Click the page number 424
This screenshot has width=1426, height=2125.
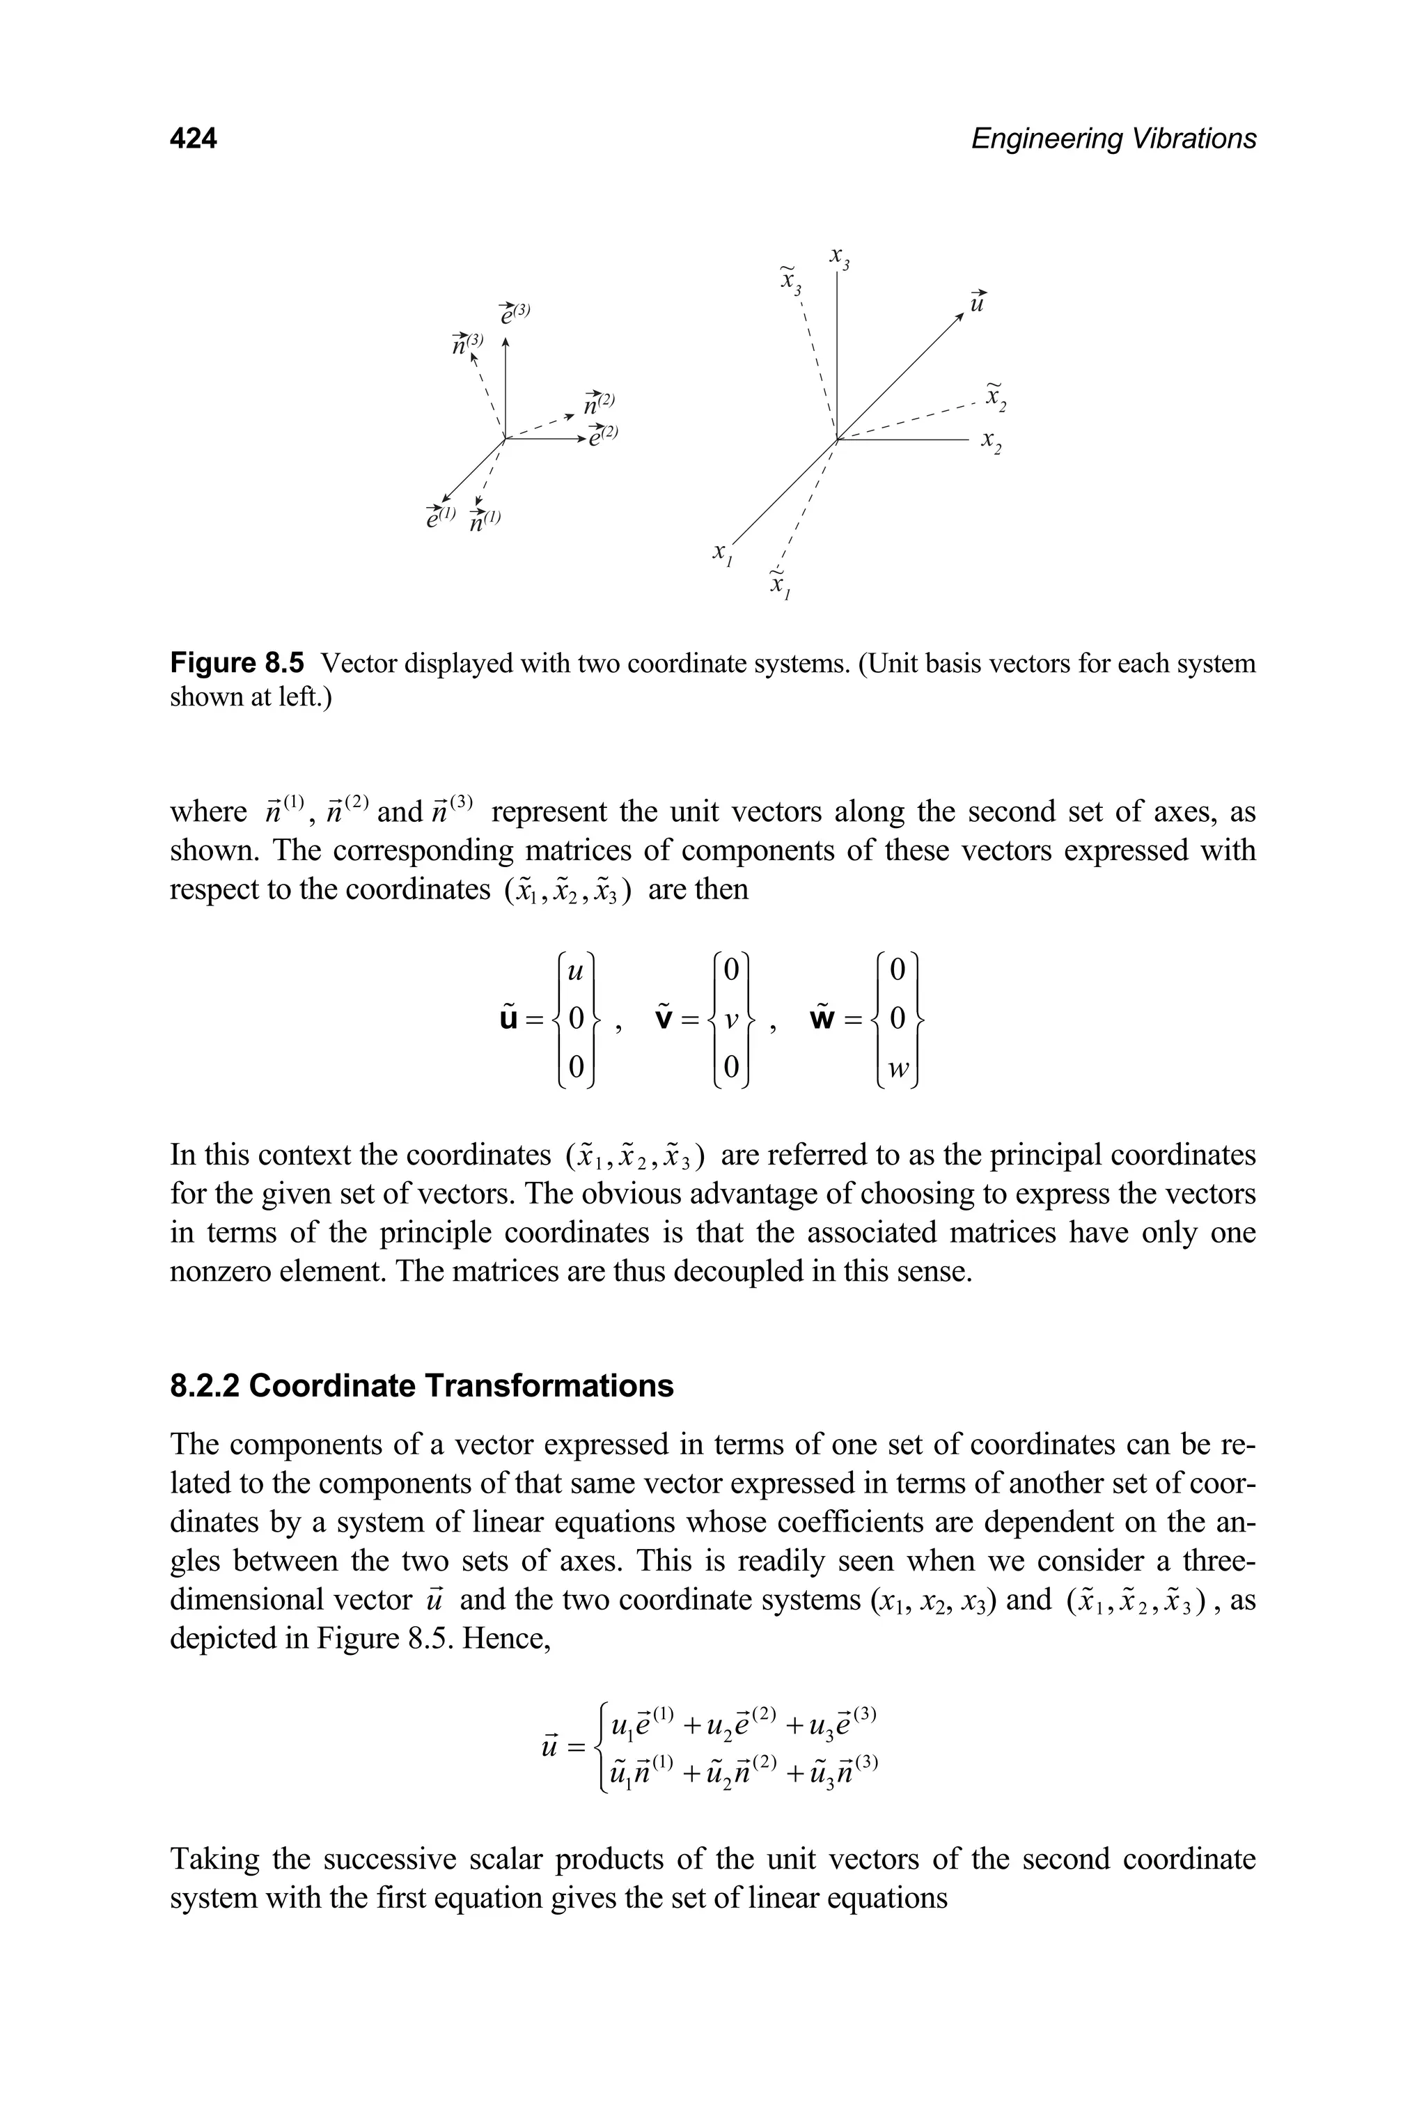point(193,139)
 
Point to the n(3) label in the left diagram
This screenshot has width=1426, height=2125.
point(467,343)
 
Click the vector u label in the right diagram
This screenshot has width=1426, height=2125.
point(978,299)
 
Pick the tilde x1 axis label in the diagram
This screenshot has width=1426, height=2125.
point(778,583)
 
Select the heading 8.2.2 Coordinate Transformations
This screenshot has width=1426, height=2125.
point(422,1385)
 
